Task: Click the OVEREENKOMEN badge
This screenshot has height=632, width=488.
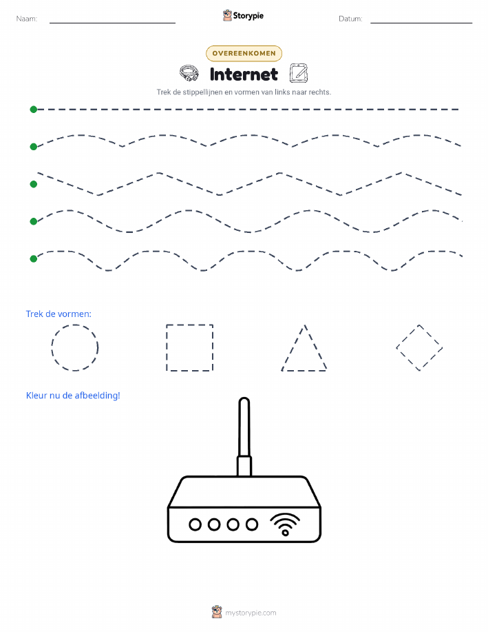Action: pos(244,53)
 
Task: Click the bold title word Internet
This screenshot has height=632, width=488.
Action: pos(244,74)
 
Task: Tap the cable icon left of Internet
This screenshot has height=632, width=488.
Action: pos(189,73)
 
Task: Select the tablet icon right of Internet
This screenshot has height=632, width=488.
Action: pos(299,73)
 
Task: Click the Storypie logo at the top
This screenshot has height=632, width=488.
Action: pos(243,16)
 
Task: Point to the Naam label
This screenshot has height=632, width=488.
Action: pos(27,19)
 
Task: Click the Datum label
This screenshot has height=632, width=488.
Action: pos(350,19)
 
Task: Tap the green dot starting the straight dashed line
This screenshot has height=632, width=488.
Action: pos(34,109)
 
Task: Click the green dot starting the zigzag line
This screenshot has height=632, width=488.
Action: pos(34,184)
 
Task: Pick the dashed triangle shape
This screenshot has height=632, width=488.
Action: pos(294,347)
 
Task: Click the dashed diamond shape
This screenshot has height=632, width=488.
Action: pos(407,336)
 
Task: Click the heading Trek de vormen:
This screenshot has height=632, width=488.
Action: pos(59,314)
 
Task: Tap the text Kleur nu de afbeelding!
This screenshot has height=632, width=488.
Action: pos(73,396)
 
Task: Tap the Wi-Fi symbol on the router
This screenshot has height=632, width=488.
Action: pos(285,524)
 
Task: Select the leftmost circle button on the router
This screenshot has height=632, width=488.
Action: pos(195,524)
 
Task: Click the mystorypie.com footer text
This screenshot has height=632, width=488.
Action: pos(251,613)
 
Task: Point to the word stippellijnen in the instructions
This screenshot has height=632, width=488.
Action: pos(202,92)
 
